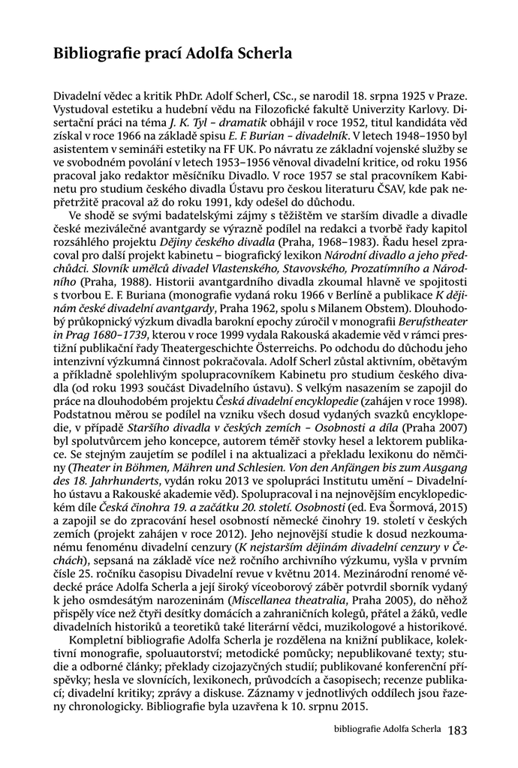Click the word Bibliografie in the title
pos(95,55)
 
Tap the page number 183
pos(457,729)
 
